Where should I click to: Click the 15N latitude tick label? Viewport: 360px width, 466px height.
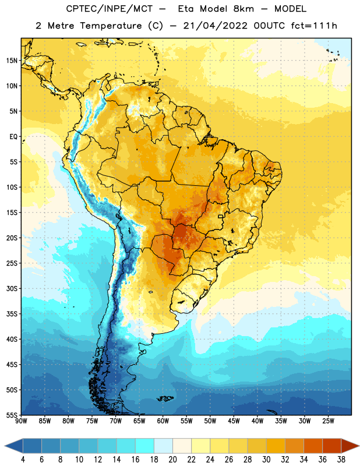pyautogui.click(x=12, y=61)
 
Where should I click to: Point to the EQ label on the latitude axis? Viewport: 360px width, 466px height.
pyautogui.click(x=13, y=137)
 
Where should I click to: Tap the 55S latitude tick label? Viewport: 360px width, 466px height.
pyautogui.click(x=12, y=415)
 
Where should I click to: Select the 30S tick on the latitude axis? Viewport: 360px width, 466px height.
pyautogui.click(x=12, y=288)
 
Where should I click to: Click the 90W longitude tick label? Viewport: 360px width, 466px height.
pyautogui.click(x=21, y=421)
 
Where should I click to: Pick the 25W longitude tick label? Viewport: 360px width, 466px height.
pyautogui.click(x=328, y=421)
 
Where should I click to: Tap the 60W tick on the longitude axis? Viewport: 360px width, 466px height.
pyautogui.click(x=163, y=421)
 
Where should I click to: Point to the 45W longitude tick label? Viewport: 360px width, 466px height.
pyautogui.click(x=234, y=421)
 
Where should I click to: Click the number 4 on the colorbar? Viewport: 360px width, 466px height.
pyautogui.click(x=23, y=460)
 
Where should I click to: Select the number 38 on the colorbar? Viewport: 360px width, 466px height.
pyautogui.click(x=341, y=460)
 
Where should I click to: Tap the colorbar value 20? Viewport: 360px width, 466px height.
pyautogui.click(x=172, y=460)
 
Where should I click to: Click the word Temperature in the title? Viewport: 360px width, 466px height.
pyautogui.click(x=111, y=26)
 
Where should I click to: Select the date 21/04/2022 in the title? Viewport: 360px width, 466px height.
pyautogui.click(x=215, y=26)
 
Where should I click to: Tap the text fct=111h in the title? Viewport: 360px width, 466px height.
pyautogui.click(x=314, y=26)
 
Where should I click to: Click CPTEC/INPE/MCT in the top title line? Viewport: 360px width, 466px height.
pyautogui.click(x=109, y=9)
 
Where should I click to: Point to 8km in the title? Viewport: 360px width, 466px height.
pyautogui.click(x=243, y=9)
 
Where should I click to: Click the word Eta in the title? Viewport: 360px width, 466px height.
pyautogui.click(x=186, y=9)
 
